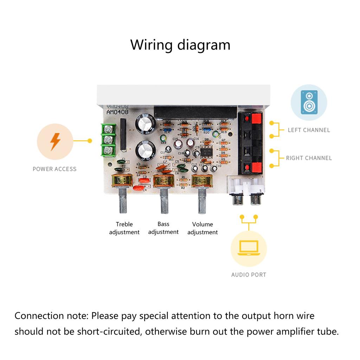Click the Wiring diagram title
tap(180, 45)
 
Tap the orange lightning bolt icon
tap(55, 142)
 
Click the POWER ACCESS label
tap(54, 169)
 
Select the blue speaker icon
tap(309, 102)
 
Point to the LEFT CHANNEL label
tap(309, 130)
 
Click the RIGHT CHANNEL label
tap(309, 158)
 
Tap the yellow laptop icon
tap(249, 248)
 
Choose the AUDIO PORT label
tap(249, 275)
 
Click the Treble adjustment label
tap(124, 228)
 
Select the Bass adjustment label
tap(163, 228)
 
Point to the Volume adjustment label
tap(202, 228)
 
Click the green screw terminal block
tap(109, 140)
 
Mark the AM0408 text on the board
tap(118, 112)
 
